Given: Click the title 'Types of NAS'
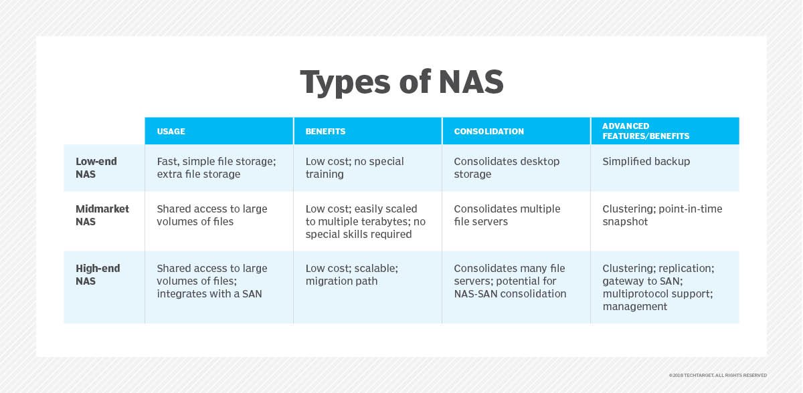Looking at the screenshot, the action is point(402,82).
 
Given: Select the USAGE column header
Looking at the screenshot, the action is point(171,132).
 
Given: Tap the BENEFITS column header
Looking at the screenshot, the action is point(325,132).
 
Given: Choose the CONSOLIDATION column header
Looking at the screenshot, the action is point(489,132).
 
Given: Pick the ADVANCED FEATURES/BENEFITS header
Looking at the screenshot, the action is point(646,131).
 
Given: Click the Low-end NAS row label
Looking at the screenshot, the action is point(96,168).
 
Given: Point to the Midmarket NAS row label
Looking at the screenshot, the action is point(102,215).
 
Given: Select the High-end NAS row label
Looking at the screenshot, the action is point(98,275).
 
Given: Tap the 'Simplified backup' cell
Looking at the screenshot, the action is point(646,162).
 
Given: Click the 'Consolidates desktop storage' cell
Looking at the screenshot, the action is point(507,168).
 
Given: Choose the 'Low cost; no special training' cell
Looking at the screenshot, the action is point(355,168).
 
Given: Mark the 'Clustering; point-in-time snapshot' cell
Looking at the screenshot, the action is point(662,215).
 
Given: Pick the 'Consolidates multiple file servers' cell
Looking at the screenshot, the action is point(507,215).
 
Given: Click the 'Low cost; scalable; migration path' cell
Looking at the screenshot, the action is point(352,275).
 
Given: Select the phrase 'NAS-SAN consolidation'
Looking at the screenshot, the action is point(510,294).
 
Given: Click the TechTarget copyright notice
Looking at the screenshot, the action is point(717,375).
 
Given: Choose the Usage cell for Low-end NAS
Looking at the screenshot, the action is point(217,168).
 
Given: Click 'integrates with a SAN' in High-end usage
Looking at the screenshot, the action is point(209,294).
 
